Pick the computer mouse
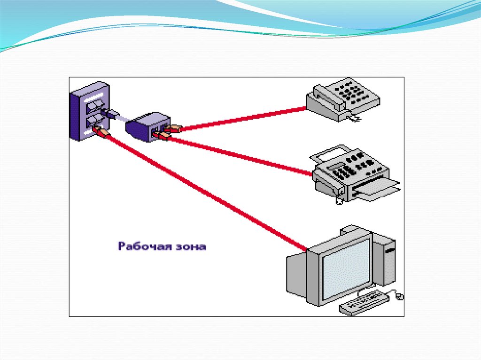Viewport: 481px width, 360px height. click(x=399, y=296)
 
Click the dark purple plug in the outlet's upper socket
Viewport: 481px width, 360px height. click(x=109, y=113)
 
